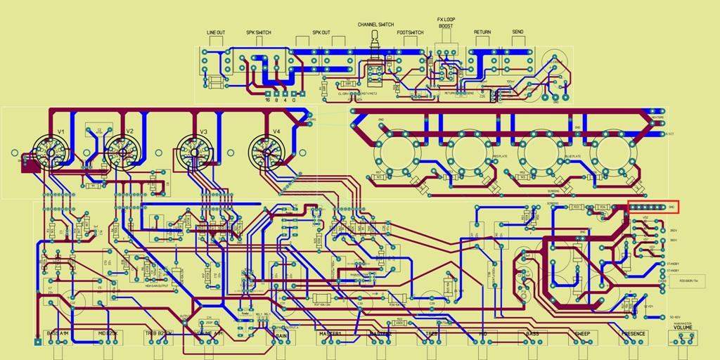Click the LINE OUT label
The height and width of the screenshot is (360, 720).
[x=216, y=32]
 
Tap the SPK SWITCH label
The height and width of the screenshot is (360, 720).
[x=258, y=32]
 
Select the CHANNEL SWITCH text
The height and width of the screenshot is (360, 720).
[x=375, y=24]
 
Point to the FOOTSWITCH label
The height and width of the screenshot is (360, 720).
[x=410, y=32]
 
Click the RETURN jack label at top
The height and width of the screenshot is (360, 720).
[x=482, y=32]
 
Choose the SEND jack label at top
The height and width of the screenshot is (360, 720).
[x=517, y=32]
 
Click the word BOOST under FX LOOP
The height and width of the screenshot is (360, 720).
[x=446, y=26]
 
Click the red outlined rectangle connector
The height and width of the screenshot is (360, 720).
[x=653, y=207]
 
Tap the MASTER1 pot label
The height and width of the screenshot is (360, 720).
[x=330, y=334]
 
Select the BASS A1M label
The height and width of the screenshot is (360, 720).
[x=58, y=333]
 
